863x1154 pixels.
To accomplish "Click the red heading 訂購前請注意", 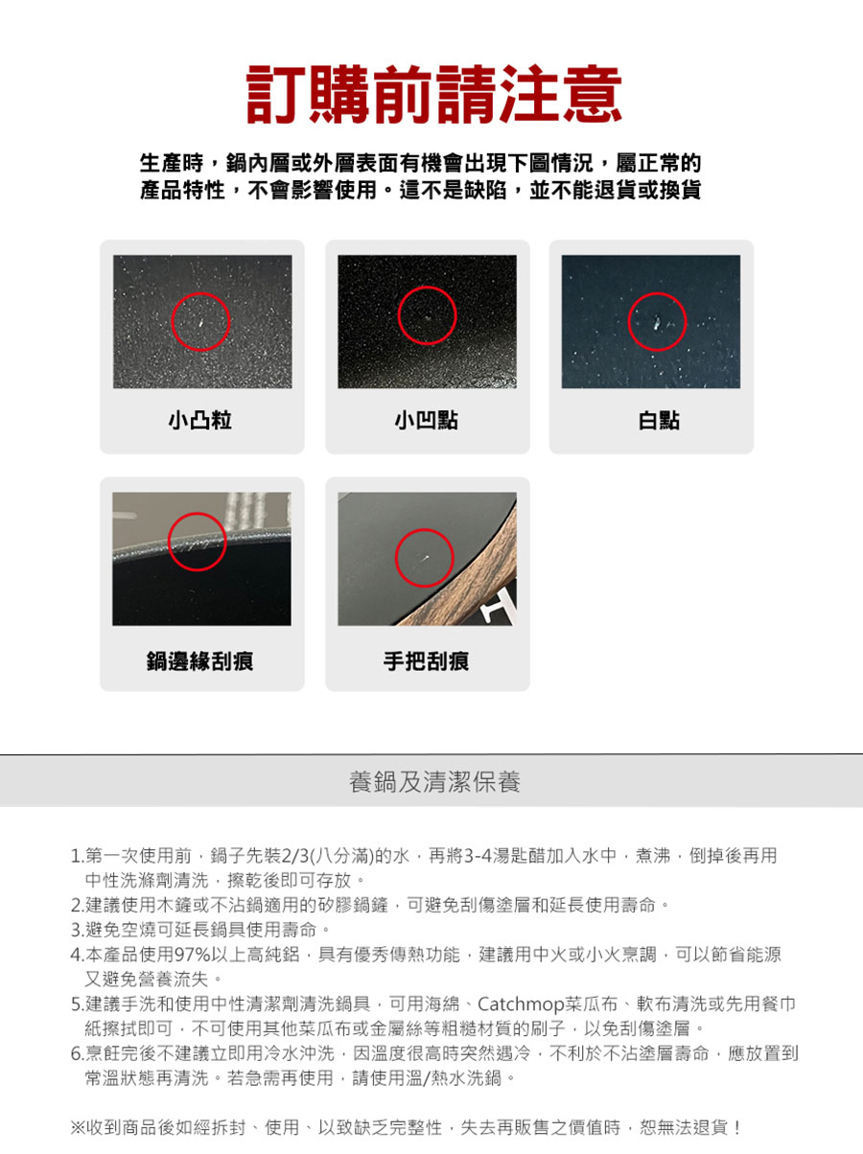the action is [x=433, y=94].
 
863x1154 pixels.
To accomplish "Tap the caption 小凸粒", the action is [x=200, y=420].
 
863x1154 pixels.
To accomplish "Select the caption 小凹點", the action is [x=427, y=420].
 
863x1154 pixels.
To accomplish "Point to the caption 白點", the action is [x=659, y=420].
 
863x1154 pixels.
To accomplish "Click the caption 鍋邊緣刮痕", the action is [x=200, y=660].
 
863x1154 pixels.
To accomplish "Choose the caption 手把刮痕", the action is [x=427, y=660].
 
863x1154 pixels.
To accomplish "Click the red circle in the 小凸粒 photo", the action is [x=200, y=292].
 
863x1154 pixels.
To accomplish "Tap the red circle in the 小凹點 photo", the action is [x=427, y=287].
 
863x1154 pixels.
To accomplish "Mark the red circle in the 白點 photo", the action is [x=658, y=292].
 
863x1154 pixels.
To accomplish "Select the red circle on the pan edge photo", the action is [x=198, y=513].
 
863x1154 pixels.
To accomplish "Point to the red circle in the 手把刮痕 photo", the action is [x=425, y=529].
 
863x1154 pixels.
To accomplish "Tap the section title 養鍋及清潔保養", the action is [x=434, y=782].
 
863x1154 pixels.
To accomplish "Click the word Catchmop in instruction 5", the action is [x=520, y=1004].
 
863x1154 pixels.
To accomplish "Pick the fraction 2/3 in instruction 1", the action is [x=296, y=856].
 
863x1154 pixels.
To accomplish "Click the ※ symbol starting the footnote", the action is [x=78, y=1128].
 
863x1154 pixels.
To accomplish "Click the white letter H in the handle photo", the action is [x=500, y=605].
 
